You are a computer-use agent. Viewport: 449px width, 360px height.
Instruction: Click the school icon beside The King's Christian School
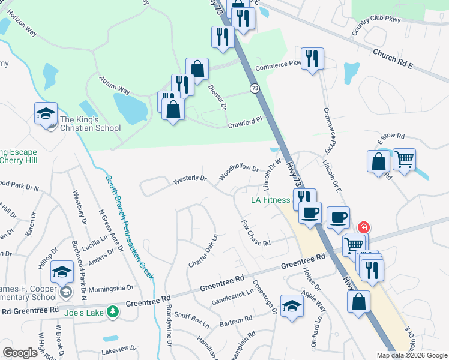click(46, 115)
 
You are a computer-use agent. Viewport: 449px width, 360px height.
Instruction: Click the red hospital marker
click(363, 228)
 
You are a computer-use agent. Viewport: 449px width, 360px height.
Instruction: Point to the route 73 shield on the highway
click(256, 89)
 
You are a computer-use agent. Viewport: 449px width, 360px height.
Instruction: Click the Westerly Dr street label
click(190, 179)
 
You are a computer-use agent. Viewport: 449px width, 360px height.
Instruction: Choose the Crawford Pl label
click(245, 122)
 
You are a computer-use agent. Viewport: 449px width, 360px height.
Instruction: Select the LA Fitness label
click(270, 200)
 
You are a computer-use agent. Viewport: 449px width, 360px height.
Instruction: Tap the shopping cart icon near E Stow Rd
click(404, 160)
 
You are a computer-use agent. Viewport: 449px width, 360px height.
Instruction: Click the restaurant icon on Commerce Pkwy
click(312, 59)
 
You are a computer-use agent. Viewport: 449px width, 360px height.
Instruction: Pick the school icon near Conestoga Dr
click(292, 306)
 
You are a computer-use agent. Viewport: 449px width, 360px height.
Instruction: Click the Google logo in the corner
click(20, 353)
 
